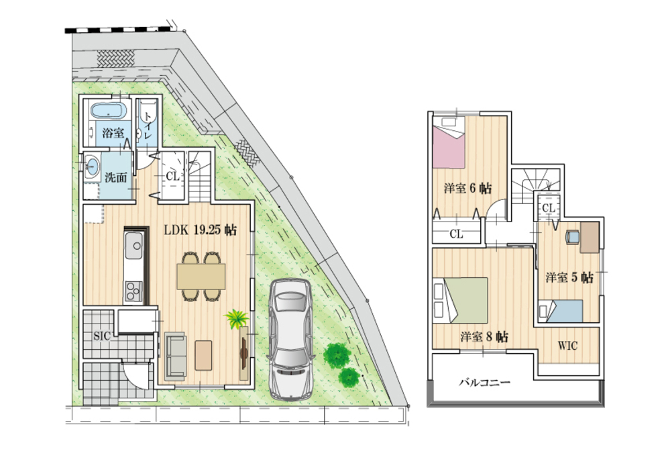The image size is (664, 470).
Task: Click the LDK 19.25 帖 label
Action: (x=201, y=230)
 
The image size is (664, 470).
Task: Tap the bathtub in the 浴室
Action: (x=109, y=111)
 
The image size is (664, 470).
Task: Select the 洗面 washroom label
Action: (x=115, y=177)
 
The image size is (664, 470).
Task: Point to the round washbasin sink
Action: (x=92, y=166)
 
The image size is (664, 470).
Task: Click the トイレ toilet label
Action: (x=147, y=126)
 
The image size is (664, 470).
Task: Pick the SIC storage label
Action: (x=102, y=336)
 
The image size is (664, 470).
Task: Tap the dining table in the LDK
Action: (x=201, y=277)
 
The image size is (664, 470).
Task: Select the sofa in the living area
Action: (x=175, y=355)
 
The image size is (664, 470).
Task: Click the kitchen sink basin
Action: (x=134, y=245)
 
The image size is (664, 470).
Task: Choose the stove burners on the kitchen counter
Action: (x=134, y=291)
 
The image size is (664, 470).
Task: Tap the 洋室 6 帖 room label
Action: (x=468, y=188)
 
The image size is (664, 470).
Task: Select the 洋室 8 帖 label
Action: (x=484, y=337)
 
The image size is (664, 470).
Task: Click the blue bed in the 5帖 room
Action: (x=561, y=312)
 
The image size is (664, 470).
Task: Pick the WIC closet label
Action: (x=567, y=346)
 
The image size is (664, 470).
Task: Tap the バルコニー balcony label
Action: (x=485, y=383)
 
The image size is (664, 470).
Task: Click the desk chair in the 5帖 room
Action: (x=572, y=236)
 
